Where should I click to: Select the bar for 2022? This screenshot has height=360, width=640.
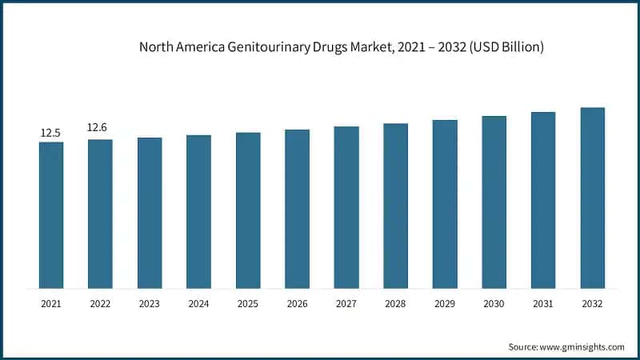click(100, 214)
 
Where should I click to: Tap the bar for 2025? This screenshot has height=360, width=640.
click(248, 210)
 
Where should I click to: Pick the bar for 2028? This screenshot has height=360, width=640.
click(395, 206)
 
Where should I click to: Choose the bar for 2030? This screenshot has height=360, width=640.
click(494, 202)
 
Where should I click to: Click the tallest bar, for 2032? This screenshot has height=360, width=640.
click(592, 198)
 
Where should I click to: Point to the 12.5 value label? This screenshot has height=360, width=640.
click(51, 133)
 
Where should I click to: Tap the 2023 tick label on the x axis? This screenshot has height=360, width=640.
click(150, 304)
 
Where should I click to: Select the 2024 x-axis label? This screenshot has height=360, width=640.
click(198, 304)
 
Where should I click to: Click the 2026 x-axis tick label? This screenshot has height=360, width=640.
click(297, 304)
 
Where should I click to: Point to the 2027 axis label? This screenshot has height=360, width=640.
click(346, 304)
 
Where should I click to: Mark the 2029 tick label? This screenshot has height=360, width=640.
click(445, 304)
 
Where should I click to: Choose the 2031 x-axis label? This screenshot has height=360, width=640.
click(543, 304)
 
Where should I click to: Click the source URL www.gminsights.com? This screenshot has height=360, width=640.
click(582, 346)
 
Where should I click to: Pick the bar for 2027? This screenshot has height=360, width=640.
click(346, 207)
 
